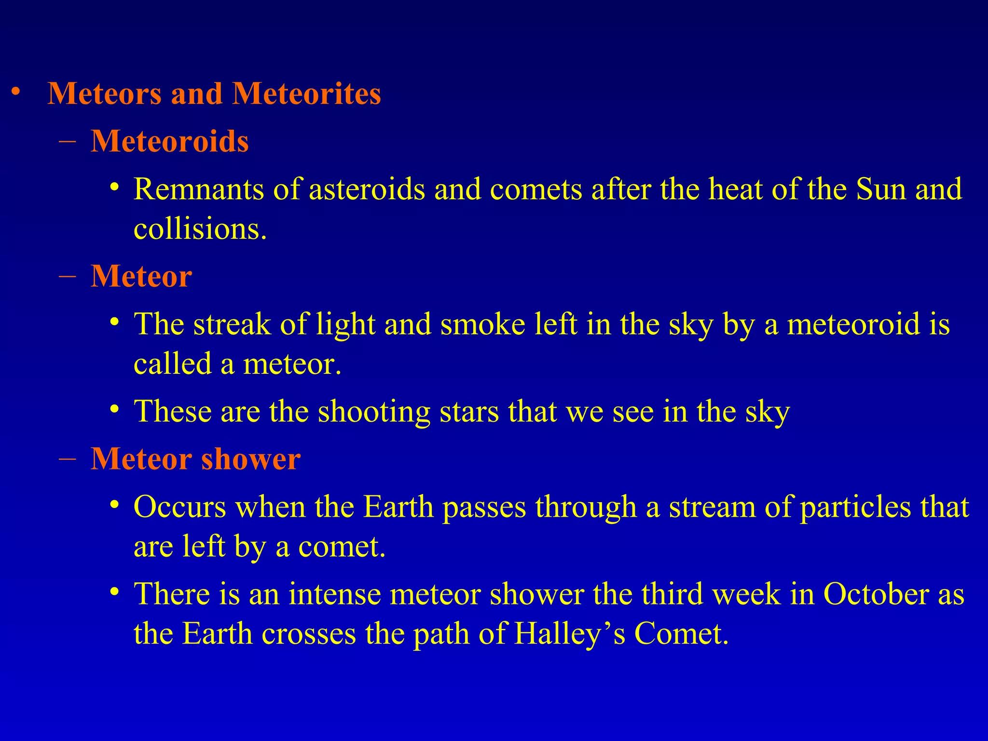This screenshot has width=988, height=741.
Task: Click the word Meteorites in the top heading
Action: pyautogui.click(x=307, y=94)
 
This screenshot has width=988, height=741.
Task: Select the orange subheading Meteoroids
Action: pyautogui.click(x=170, y=142)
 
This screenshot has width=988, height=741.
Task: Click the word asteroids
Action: pyautogui.click(x=367, y=189)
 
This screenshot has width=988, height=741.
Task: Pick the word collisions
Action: pyautogui.click(x=200, y=229)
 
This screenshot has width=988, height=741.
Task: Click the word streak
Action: pyautogui.click(x=232, y=324)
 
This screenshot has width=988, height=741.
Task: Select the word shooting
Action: pyautogui.click(x=374, y=412)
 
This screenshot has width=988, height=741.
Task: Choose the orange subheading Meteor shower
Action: pyautogui.click(x=195, y=459)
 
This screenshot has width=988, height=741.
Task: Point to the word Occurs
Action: pyautogui.click(x=179, y=508)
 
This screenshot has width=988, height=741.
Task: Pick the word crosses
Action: pyautogui.click(x=309, y=634)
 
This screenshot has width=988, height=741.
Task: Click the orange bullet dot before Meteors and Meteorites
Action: pyautogui.click(x=16, y=92)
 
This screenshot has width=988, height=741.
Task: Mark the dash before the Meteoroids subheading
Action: pyautogui.click(x=67, y=142)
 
